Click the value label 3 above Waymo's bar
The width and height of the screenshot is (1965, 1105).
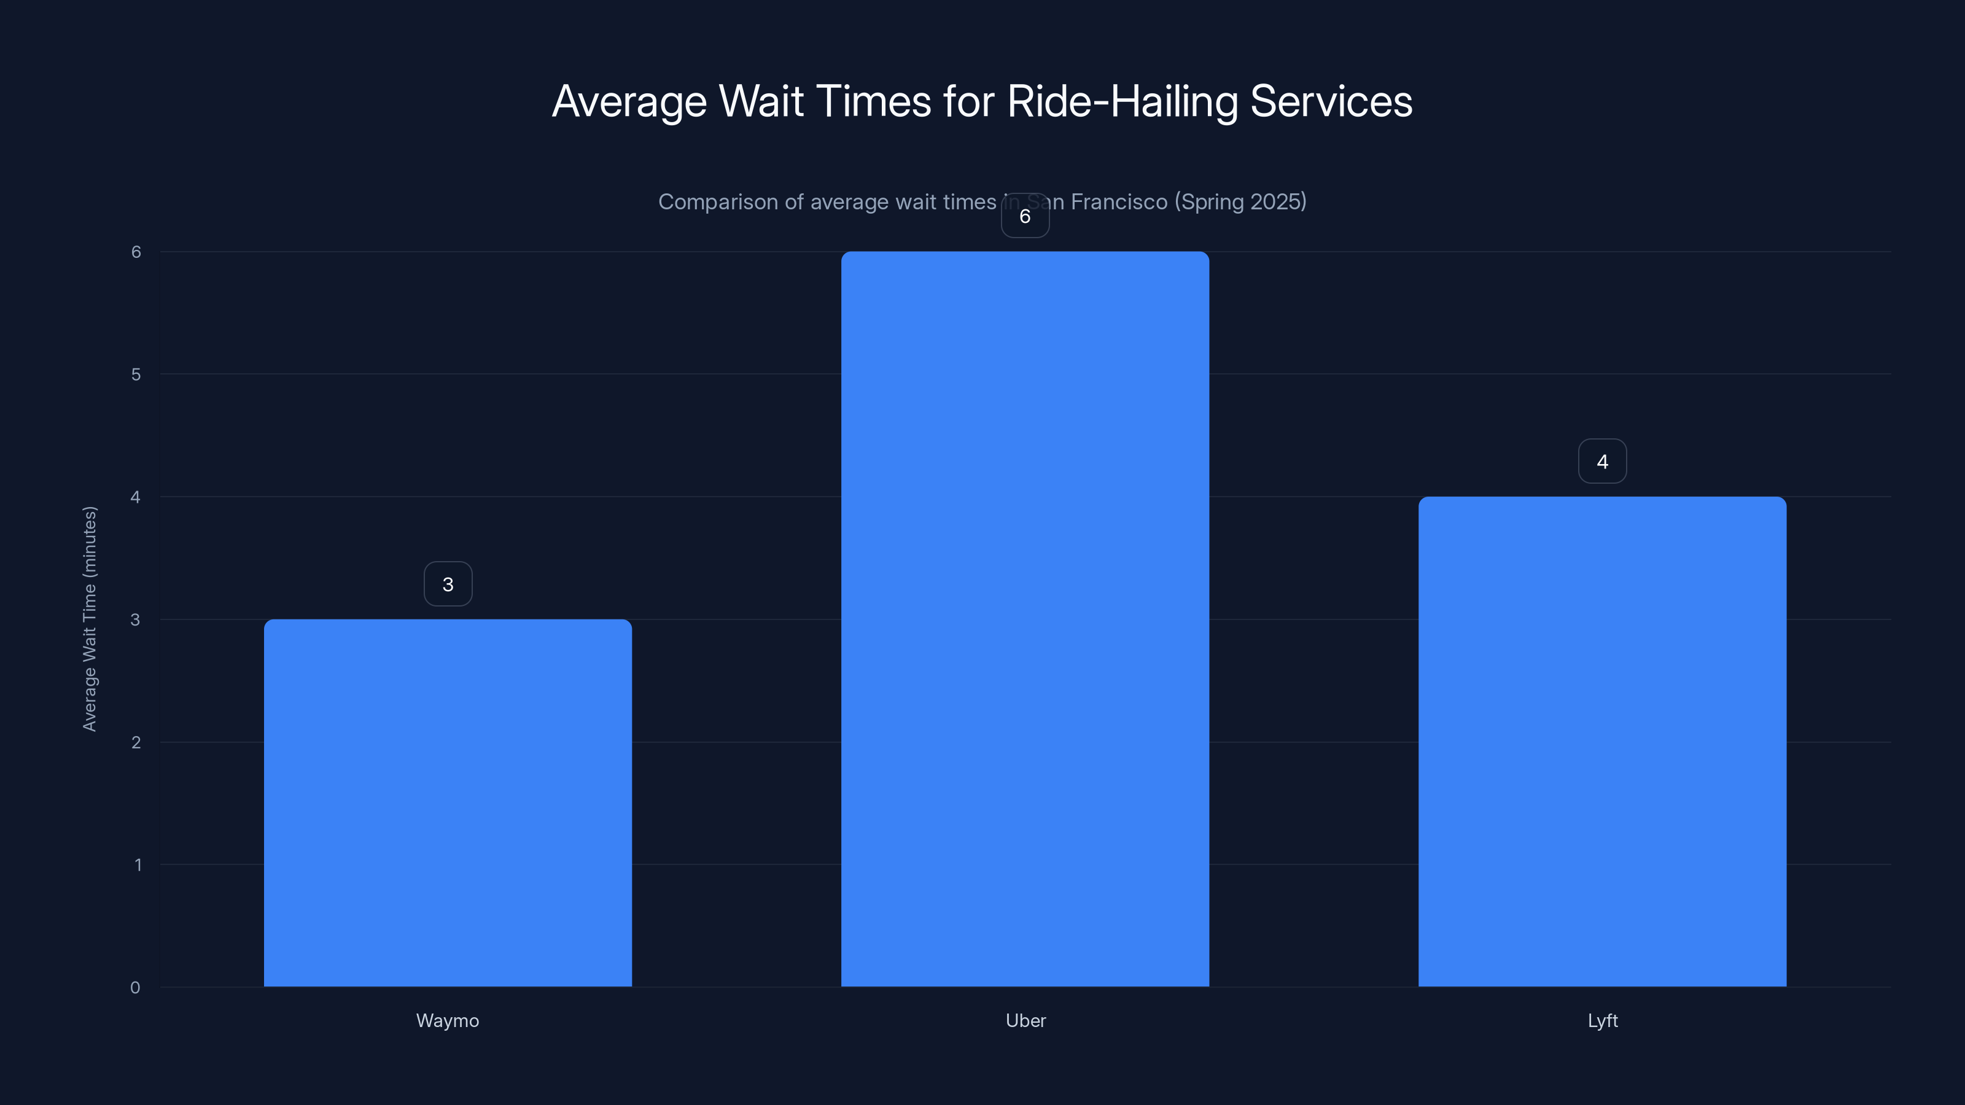click(448, 584)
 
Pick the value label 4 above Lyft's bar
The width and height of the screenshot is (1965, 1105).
click(1602, 462)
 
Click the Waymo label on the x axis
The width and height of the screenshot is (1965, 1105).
click(448, 1020)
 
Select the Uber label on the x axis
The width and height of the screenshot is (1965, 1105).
click(1025, 1020)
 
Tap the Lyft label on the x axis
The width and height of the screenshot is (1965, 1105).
click(1602, 1020)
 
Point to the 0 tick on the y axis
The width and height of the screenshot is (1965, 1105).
click(135, 988)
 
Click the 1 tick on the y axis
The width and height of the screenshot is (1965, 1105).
click(138, 865)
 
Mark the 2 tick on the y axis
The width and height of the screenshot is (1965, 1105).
click(136, 742)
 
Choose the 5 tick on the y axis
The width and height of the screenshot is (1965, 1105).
click(136, 374)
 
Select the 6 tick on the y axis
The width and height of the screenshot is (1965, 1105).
click(136, 252)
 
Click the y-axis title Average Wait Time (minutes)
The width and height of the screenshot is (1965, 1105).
click(89, 618)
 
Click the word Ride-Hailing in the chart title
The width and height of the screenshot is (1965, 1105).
click(1121, 101)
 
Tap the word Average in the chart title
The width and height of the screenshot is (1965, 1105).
click(629, 101)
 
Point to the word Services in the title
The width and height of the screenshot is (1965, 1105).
click(1331, 101)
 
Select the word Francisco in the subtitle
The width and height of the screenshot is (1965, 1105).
click(1119, 201)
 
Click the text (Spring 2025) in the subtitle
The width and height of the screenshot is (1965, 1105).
click(1240, 201)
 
